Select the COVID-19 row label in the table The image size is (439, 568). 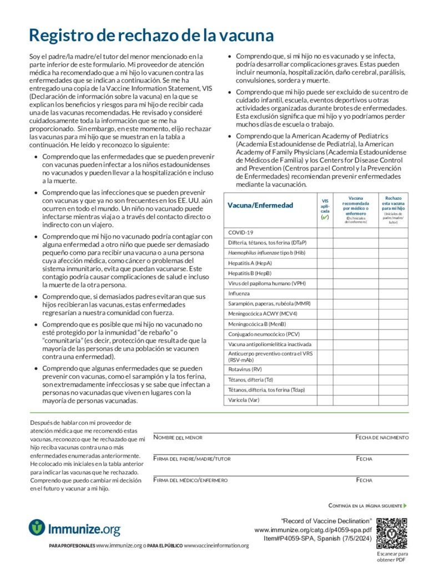[x=241, y=232]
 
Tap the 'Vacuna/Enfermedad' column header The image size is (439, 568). [x=260, y=206]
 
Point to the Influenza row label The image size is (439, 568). [x=239, y=293]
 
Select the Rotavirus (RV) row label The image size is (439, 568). [x=245, y=369]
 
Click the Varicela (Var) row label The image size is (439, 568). [x=244, y=399]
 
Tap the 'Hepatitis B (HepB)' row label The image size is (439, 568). [x=250, y=273]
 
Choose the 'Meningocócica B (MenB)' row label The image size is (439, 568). [x=257, y=323]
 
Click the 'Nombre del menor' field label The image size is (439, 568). [x=178, y=438]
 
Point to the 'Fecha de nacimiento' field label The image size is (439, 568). [x=382, y=438]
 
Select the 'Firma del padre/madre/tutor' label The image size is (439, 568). [x=192, y=459]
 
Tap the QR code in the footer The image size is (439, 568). [x=392, y=533]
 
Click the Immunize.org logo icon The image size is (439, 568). [x=37, y=527]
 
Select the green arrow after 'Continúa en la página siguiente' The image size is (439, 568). [x=406, y=506]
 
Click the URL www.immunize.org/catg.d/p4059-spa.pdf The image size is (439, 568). [x=313, y=530]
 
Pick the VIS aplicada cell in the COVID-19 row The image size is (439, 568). [x=325, y=232]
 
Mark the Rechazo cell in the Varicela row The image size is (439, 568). [x=393, y=399]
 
